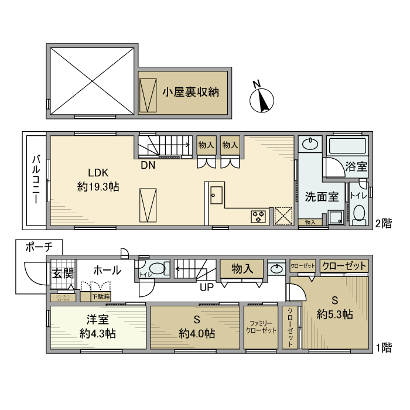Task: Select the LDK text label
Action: [98, 173]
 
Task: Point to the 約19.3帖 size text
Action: [98, 187]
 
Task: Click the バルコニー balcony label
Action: [36, 180]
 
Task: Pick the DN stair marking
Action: [148, 165]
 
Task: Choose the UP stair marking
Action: [207, 286]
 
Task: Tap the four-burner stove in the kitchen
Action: [258, 216]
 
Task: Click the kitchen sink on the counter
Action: [216, 194]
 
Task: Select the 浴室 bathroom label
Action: [356, 166]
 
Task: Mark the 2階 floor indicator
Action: [384, 223]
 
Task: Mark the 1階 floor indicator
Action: [384, 347]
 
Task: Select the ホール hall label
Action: [107, 270]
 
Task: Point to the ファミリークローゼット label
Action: [261, 327]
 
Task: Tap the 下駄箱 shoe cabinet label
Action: [102, 296]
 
